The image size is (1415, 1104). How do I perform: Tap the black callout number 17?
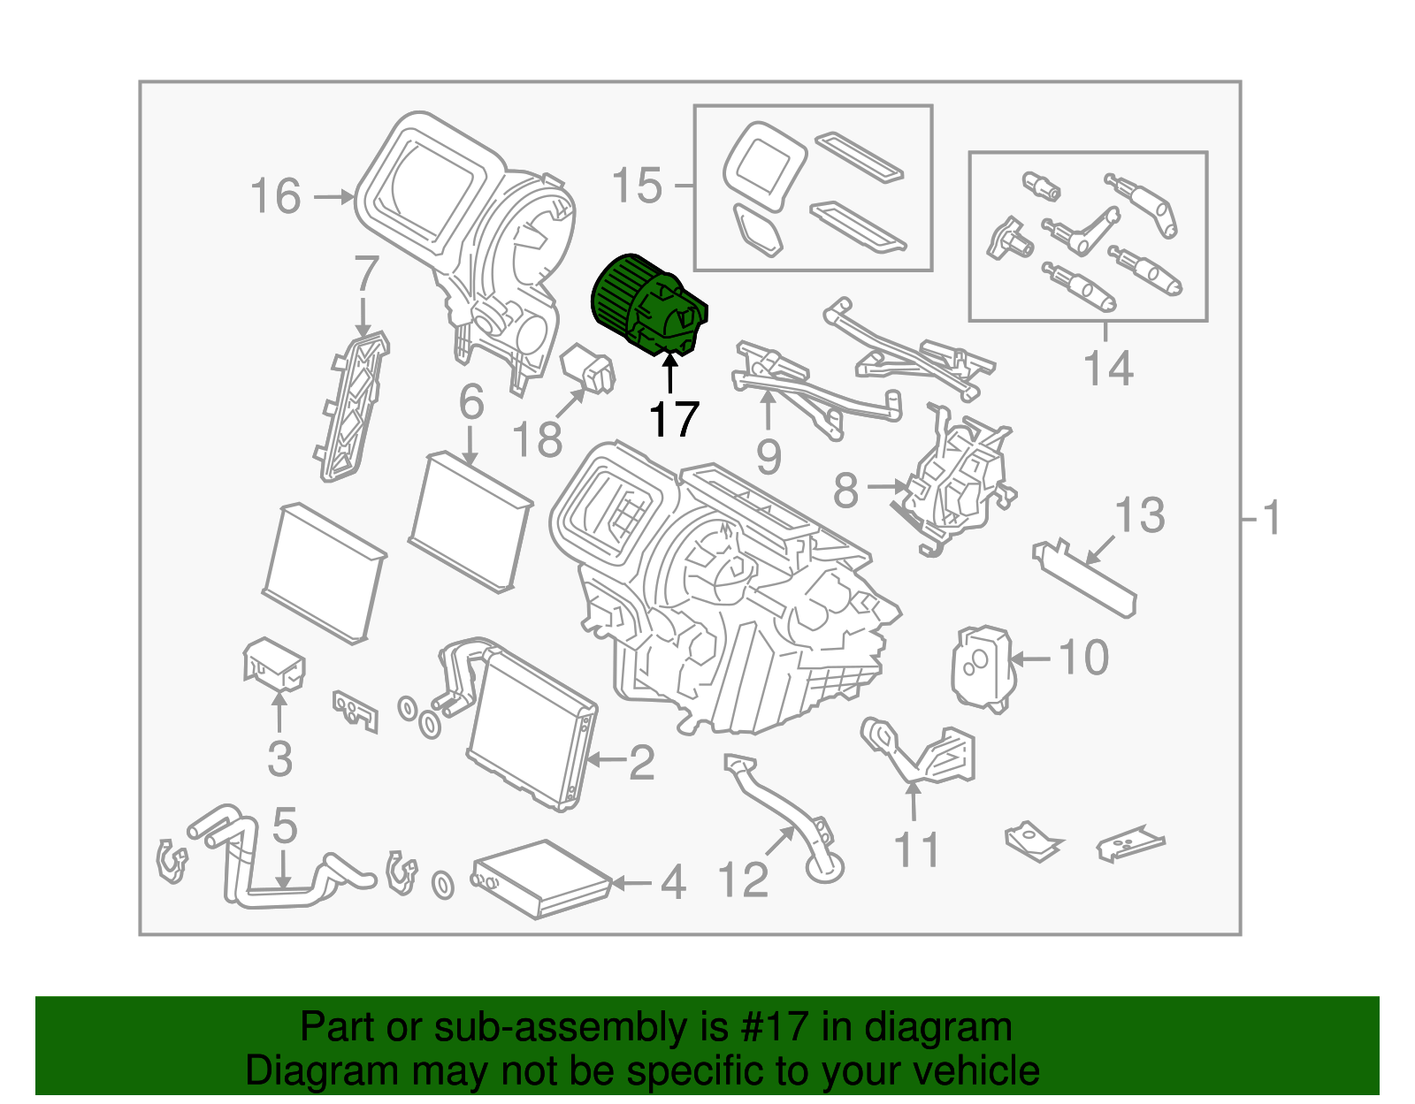click(x=674, y=419)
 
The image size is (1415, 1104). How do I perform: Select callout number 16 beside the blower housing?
click(x=275, y=196)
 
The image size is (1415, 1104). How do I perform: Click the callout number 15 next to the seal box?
click(x=637, y=186)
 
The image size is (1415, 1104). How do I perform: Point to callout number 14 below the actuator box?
click(x=1107, y=368)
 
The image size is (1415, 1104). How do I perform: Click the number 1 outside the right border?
click(x=1272, y=519)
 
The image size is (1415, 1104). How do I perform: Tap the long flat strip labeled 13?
click(x=1084, y=579)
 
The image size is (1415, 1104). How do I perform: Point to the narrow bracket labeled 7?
click(x=352, y=407)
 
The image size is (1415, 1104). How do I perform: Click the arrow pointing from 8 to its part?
click(x=887, y=486)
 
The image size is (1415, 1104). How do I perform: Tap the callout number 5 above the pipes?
click(x=284, y=826)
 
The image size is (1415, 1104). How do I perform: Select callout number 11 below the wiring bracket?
click(x=916, y=850)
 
